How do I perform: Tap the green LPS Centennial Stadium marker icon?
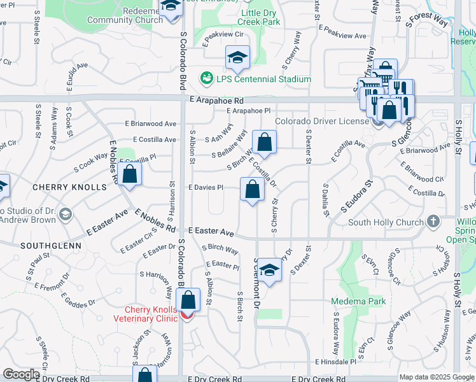(x=206, y=78)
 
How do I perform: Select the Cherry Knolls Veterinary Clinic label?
(x=144, y=314)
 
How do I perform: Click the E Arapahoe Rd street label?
(x=216, y=101)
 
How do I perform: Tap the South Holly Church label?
(x=386, y=222)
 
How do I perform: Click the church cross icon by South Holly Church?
(x=433, y=222)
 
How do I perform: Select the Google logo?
(x=21, y=374)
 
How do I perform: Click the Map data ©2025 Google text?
(x=437, y=377)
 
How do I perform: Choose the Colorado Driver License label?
(x=321, y=121)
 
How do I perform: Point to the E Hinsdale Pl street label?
(x=336, y=362)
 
